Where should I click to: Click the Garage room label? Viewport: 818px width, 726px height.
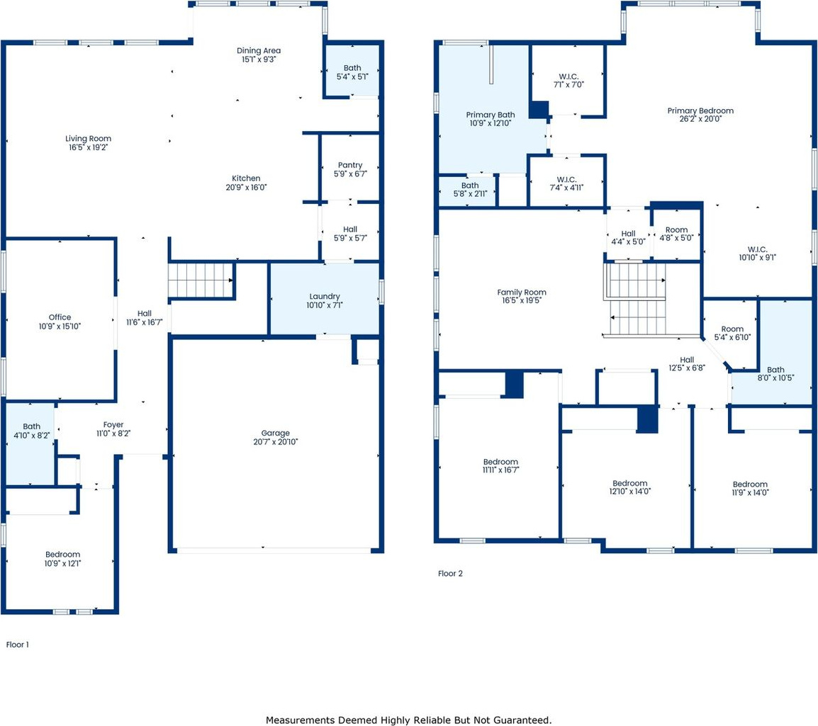276,433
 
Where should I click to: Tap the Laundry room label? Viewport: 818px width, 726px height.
325,296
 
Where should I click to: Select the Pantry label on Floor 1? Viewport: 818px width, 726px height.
350,165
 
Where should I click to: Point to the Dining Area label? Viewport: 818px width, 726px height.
259,50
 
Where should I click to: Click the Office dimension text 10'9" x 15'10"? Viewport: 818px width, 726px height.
60,327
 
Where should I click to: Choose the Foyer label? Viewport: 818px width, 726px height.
113,425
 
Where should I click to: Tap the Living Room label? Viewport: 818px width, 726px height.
88,139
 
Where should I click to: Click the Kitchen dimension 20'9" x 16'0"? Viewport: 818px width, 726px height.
246,187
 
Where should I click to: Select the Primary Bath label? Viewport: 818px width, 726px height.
491,115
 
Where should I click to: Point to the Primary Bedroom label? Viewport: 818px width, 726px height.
700,110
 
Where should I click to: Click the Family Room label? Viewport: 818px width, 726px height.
522,293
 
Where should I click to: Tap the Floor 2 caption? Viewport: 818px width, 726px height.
450,573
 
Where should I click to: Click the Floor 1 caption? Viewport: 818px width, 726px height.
17,645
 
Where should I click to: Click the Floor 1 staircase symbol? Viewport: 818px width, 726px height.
201,280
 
